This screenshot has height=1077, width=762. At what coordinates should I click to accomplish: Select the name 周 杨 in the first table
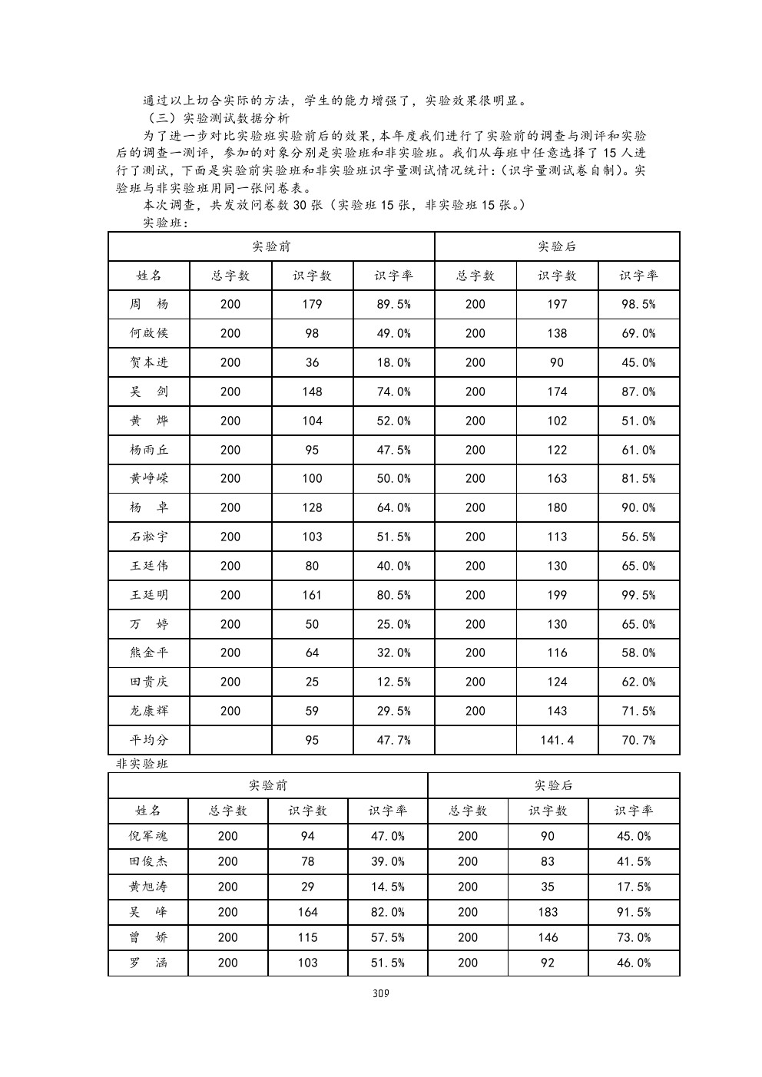click(149, 304)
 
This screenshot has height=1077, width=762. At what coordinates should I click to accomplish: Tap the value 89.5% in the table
click(393, 304)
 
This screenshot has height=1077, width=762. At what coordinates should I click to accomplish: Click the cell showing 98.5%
click(638, 304)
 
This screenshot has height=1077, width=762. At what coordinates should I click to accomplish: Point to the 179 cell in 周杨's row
click(312, 304)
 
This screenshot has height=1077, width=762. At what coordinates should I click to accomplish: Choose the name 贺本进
click(149, 362)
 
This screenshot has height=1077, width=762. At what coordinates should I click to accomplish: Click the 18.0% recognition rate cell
click(393, 362)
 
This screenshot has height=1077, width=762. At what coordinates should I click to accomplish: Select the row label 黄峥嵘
click(149, 478)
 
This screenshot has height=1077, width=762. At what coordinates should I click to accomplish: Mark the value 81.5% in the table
click(638, 478)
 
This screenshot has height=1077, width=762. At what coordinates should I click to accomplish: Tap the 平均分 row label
click(149, 740)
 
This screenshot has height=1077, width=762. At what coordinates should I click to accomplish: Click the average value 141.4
click(557, 740)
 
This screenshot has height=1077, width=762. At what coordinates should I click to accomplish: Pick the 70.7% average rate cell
click(638, 740)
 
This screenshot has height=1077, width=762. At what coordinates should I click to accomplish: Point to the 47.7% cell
click(393, 740)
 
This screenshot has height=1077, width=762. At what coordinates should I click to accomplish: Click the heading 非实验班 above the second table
click(142, 764)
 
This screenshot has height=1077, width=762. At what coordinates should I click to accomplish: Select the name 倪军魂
click(148, 836)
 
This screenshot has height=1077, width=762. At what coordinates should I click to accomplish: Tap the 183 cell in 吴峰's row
click(547, 912)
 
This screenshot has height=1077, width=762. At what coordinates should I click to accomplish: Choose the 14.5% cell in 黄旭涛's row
click(388, 887)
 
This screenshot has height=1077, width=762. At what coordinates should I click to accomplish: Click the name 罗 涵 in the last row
click(148, 963)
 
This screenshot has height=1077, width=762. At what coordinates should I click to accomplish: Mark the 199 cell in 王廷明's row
click(557, 595)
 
